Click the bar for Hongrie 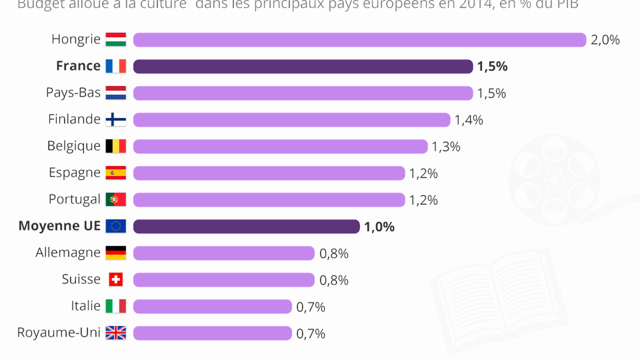click(x=359, y=40)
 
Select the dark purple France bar click(x=303, y=67)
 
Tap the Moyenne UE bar click(x=246, y=227)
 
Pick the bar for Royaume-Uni click(x=212, y=333)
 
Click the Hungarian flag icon click(x=116, y=39)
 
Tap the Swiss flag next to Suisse click(x=116, y=279)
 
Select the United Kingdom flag click(x=116, y=333)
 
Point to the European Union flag click(x=116, y=226)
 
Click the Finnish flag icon click(x=116, y=119)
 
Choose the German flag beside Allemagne click(x=116, y=253)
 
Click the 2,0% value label click(x=605, y=40)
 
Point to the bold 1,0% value click(x=379, y=227)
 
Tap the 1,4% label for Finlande click(x=469, y=120)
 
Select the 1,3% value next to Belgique click(x=446, y=147)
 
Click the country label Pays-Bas click(x=73, y=92)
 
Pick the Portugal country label click(x=75, y=199)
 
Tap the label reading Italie click(x=85, y=306)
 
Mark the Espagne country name click(x=75, y=173)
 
